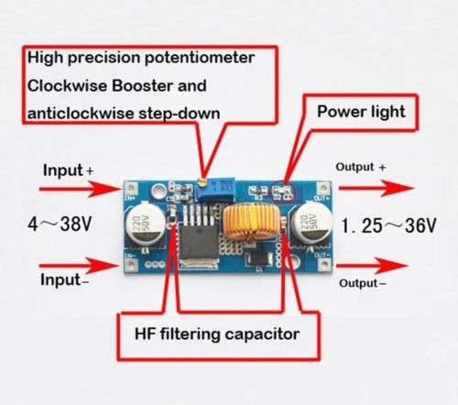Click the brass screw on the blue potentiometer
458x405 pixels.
coord(202,182)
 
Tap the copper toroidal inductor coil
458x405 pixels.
coord(251,222)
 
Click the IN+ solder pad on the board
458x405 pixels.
coord(132,188)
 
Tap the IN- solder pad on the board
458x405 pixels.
coord(132,265)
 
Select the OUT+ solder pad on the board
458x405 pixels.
coord(323,187)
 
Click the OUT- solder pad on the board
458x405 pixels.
coord(323,264)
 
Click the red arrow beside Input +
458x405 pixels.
coord(81,189)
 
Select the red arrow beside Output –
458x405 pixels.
coord(372,265)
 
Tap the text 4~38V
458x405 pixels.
coord(60,224)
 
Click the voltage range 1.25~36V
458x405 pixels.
coord(388,225)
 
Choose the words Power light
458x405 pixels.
coord(361,112)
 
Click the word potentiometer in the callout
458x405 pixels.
coord(200,58)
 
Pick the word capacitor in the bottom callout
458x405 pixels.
coord(262,334)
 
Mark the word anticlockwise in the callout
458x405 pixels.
coord(81,114)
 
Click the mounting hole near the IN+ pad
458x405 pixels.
coord(158,192)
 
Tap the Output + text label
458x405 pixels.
coord(361,167)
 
